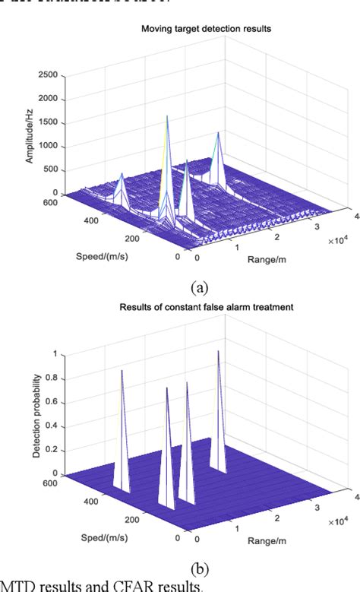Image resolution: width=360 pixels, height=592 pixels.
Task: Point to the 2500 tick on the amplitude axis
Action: tap(47, 75)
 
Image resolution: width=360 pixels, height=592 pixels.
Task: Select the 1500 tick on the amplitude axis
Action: tap(47, 122)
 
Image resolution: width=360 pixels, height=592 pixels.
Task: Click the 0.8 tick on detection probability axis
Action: tap(54, 378)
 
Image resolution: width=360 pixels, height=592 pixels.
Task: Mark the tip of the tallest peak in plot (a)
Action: tap(168, 116)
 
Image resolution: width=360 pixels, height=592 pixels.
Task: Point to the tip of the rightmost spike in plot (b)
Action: tap(218, 351)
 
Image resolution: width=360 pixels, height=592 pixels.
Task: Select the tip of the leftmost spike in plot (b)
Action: tap(122, 370)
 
